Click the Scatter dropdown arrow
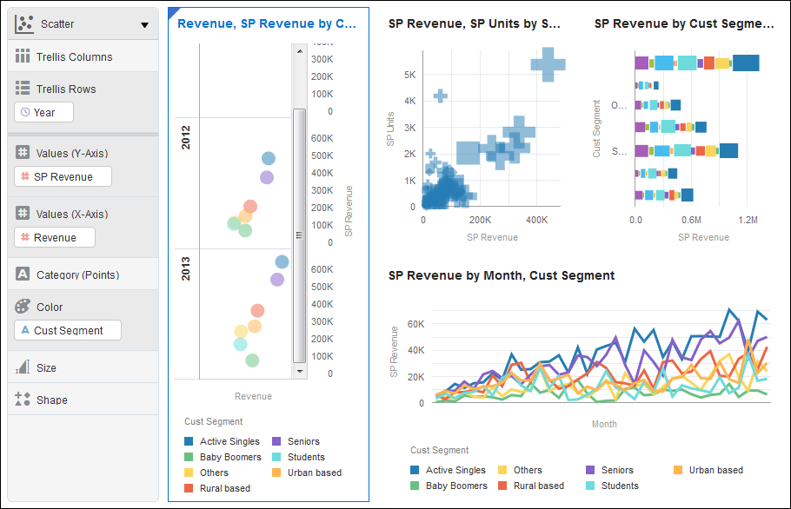coord(144,25)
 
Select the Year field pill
coord(43,112)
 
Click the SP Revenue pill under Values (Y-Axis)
coord(63,176)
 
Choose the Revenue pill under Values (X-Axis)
coord(55,237)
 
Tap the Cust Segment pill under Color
coord(68,330)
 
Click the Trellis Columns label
coord(74,56)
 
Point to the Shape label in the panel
coord(51,400)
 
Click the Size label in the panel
coord(46,367)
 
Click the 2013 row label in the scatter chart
coord(186,268)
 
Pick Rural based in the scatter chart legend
coord(224,488)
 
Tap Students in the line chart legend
coord(619,486)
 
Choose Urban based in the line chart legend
coord(715,470)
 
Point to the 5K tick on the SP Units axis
coord(409,75)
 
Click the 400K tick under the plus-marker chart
coord(536,221)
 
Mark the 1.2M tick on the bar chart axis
coord(748,221)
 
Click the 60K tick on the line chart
coord(415,324)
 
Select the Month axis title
coord(604,424)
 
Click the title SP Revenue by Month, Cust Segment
coord(502,275)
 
